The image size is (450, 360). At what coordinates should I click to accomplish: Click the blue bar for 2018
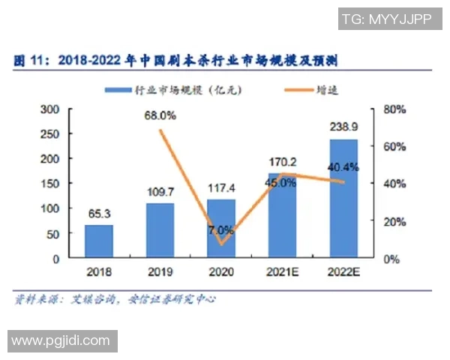99,241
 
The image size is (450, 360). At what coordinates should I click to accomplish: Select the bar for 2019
160,230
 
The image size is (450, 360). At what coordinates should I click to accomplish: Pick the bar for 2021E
282,215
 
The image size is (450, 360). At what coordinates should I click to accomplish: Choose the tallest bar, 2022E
343,199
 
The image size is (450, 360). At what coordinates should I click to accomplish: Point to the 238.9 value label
343,127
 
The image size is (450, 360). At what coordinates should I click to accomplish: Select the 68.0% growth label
160,115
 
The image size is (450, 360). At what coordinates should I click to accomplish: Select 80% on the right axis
394,109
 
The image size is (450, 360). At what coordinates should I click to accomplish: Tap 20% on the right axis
394,221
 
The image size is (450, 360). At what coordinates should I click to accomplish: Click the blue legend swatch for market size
118,89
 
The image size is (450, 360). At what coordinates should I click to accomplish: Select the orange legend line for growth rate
300,89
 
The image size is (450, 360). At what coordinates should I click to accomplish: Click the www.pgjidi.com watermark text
60,341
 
